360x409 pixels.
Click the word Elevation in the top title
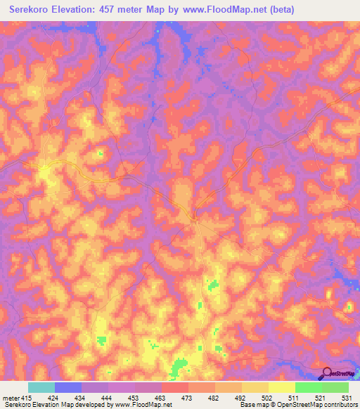pos(78,9)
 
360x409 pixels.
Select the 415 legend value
pos(27,397)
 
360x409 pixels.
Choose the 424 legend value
pos(54,397)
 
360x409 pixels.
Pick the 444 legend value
pos(108,397)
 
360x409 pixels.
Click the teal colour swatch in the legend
pos(41,387)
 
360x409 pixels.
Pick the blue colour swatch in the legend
pos(67,387)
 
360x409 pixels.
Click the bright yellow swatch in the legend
pos(281,387)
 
